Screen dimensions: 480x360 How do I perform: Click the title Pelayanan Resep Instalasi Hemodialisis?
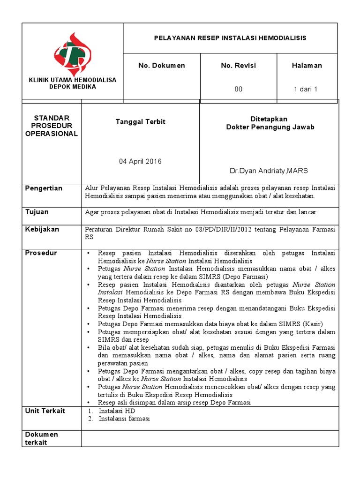click(x=230, y=38)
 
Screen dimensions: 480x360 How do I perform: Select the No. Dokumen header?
click(x=161, y=66)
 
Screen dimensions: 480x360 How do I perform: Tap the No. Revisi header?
click(x=238, y=66)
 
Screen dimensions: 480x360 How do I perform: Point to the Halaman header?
click(x=307, y=66)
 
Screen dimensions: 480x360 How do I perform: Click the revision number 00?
click(x=238, y=89)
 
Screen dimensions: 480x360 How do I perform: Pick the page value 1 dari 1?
click(x=306, y=89)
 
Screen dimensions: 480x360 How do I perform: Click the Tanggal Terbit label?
click(x=141, y=122)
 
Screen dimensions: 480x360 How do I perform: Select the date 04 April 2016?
click(x=140, y=161)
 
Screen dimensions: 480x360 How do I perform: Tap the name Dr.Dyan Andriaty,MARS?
click(x=269, y=171)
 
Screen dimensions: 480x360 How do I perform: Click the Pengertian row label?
click(x=44, y=188)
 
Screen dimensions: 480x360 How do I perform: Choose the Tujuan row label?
click(x=37, y=212)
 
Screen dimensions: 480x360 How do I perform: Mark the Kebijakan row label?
click(x=42, y=229)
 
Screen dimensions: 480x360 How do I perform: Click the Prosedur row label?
click(x=41, y=253)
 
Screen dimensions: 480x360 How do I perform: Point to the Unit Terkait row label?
click(x=45, y=411)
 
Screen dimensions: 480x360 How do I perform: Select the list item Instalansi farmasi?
click(x=124, y=419)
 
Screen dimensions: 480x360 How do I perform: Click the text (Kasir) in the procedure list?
click(x=312, y=324)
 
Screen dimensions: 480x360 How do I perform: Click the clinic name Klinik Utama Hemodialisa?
click(x=73, y=80)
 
